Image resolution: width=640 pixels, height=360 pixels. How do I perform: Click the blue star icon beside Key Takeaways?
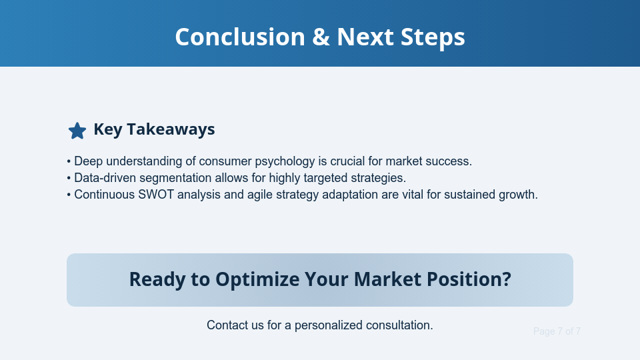point(77,131)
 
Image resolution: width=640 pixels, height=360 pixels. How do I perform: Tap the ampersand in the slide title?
point(320,37)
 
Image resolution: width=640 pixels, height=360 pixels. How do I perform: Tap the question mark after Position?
point(506,279)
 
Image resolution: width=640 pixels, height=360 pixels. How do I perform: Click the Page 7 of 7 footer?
point(557,331)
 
